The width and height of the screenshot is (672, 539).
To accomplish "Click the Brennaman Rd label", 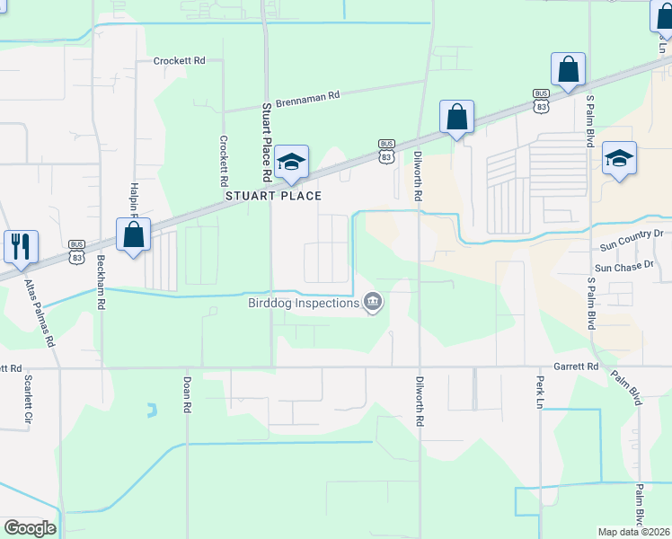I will [308, 95].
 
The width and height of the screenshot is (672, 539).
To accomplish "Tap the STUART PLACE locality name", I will [273, 196].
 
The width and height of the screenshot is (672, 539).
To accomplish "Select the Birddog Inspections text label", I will [304, 303].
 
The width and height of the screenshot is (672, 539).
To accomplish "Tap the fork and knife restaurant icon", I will [21, 245].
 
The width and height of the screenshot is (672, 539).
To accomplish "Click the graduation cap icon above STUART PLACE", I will [291, 163].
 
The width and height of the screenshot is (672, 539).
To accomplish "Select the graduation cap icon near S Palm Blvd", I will [619, 159].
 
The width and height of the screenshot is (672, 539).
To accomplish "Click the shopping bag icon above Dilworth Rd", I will [456, 117].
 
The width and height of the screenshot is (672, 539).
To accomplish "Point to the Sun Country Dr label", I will [631, 234].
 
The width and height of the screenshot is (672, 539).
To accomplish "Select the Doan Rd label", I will [188, 394].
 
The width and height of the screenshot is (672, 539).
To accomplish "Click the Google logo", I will [30, 528].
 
